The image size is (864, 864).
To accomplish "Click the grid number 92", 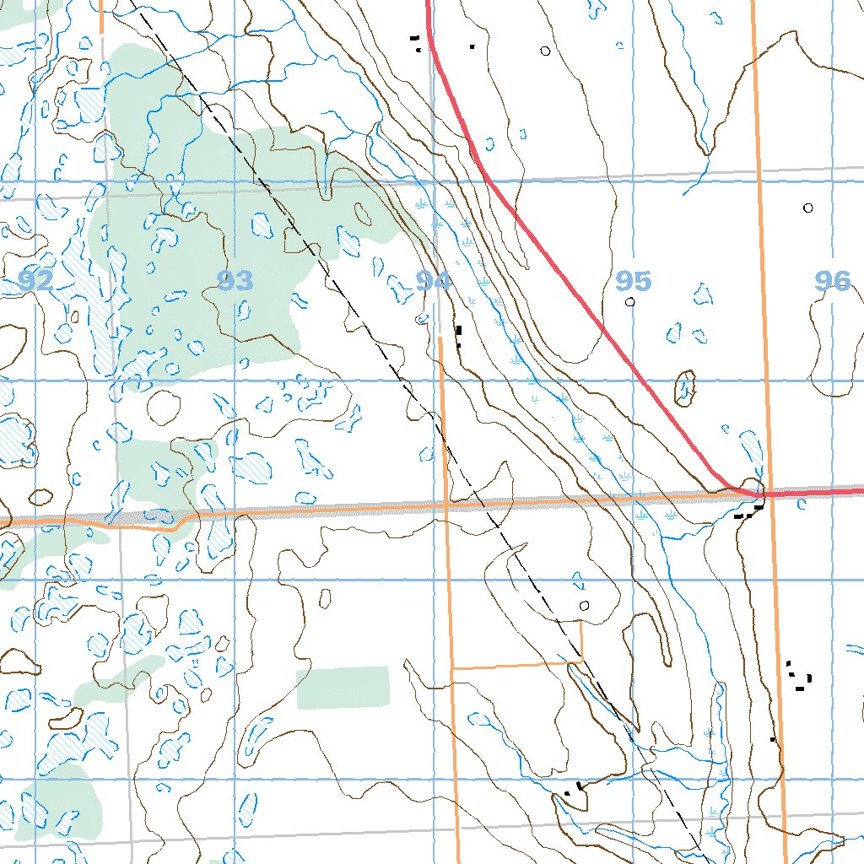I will click(35, 281).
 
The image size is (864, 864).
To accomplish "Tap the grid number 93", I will click(235, 281).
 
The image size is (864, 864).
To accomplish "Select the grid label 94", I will click(433, 281).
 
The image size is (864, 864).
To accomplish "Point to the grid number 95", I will click(633, 280).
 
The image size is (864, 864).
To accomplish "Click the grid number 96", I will click(833, 281).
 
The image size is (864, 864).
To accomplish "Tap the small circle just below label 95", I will click(629, 301).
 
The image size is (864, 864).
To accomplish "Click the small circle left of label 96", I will click(807, 208).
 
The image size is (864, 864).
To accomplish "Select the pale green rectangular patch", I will click(343, 687).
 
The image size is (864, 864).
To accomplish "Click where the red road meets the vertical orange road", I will click(767, 493).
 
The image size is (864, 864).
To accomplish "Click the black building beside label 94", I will click(458, 335).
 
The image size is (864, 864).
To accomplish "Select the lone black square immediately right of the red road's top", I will click(472, 46).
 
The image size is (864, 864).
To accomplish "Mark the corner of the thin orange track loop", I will click(581, 662).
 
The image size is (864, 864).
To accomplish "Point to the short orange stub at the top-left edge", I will click(100, 17).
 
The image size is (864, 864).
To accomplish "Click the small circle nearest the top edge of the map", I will click(545, 51).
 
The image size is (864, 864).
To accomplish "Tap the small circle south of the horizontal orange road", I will click(585, 605).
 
